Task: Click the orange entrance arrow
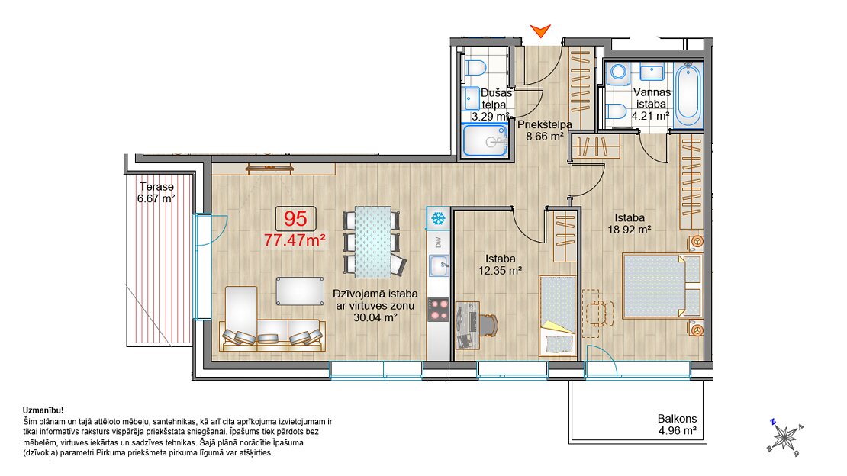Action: pos(540,31)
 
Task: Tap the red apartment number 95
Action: pos(295,219)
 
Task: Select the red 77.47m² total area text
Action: pos(295,240)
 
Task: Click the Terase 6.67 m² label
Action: pos(156,192)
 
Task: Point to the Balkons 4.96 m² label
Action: pos(677,425)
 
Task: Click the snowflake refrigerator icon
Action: pos(437,219)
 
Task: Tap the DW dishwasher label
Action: pos(438,243)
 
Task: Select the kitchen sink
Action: pos(439,265)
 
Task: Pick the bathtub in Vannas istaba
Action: pos(688,95)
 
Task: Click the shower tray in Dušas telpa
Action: pos(485,140)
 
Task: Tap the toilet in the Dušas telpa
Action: pos(475,68)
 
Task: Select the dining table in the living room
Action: pos(372,242)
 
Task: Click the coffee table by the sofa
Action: pos(300,291)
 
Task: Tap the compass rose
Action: pos(784,436)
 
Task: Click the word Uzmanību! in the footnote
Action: pos(43,410)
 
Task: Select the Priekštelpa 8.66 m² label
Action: pos(545,130)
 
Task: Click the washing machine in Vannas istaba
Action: pos(617,73)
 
